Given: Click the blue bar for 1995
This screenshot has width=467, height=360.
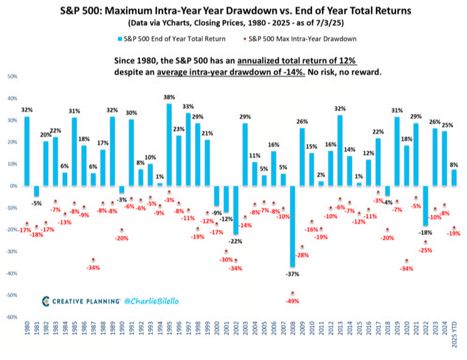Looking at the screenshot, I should pos(169,145).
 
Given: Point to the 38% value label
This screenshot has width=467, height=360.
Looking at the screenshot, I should pos(169,97).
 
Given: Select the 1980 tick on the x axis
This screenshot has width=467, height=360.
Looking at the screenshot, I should pos(26,333).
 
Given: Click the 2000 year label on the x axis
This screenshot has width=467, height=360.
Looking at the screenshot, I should pos(217,333).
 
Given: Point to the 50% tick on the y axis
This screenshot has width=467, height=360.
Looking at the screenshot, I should pos(13,77).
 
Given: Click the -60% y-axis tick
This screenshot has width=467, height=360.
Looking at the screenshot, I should pos(12,317).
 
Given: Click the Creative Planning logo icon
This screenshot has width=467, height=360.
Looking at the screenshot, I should pos(46,302).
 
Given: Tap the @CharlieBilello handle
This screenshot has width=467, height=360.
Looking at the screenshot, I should pos(156,302).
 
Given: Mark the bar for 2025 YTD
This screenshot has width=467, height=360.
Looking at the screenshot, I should pos(454,178).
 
